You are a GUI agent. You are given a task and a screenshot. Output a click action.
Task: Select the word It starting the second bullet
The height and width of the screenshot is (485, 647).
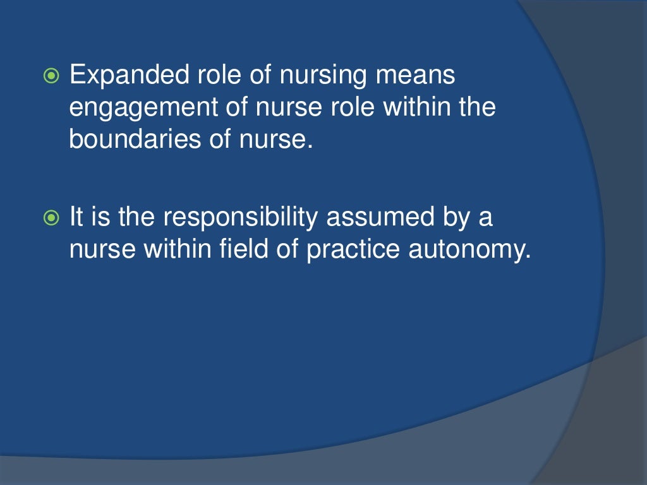[x=76, y=219]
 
